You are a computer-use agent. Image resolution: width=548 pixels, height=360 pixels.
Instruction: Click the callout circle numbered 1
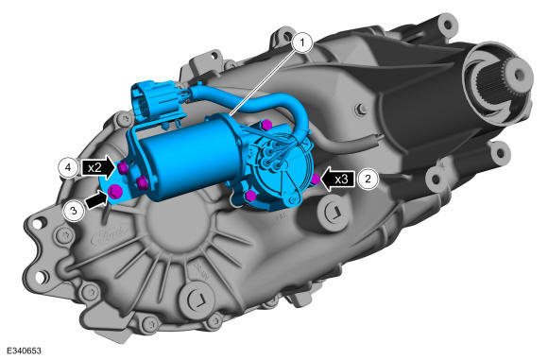click(302, 43)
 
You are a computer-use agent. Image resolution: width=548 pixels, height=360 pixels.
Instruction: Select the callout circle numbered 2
click(368, 179)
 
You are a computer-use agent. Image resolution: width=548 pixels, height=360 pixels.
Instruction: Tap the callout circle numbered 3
click(74, 211)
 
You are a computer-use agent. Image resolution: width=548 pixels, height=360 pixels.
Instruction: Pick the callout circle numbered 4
click(68, 167)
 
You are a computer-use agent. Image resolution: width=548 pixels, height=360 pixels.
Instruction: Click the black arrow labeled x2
click(98, 168)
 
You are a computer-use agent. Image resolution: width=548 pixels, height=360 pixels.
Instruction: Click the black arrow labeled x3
click(337, 180)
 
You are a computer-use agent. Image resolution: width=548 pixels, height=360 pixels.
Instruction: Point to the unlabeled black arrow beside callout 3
click(96, 200)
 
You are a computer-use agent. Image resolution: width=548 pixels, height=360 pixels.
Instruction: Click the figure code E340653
click(24, 351)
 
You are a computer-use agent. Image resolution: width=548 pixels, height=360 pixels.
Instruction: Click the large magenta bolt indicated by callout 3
click(114, 192)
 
